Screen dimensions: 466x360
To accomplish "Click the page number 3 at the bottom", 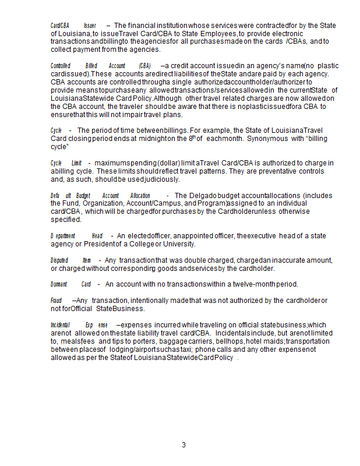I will (x=183, y=445).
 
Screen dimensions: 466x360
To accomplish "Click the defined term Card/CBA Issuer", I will (x=73, y=26).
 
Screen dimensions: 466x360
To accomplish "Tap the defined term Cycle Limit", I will (x=66, y=163).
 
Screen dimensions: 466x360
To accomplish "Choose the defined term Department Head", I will (x=76, y=236).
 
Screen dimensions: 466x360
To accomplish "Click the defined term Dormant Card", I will (x=70, y=284).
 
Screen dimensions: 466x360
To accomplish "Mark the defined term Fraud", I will (x=56, y=301).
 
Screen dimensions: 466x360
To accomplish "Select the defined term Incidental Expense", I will (x=79, y=325).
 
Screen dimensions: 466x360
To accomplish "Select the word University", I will (x=178, y=243).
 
